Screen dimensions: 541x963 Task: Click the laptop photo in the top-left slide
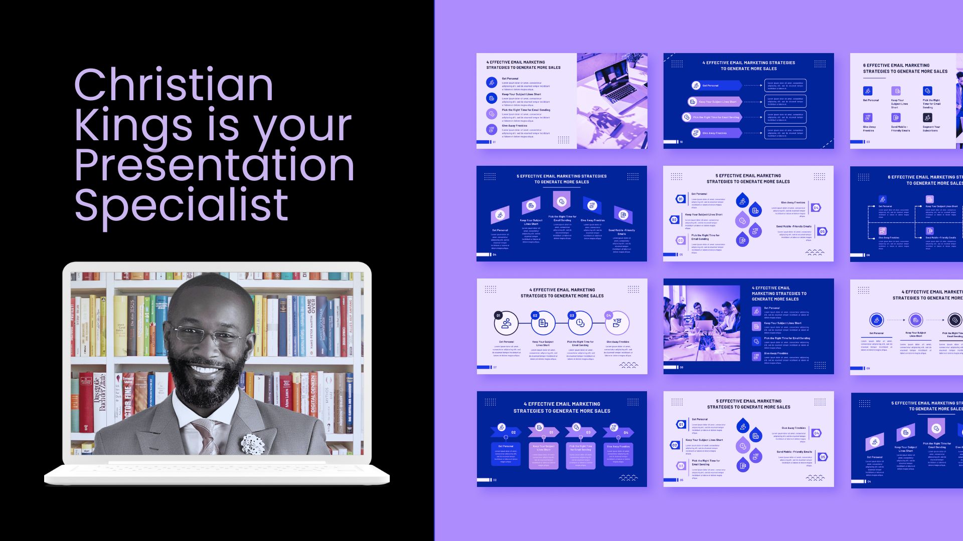[612, 100]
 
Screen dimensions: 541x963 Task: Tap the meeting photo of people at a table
[702, 323]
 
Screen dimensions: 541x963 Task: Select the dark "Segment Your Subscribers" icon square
[927, 117]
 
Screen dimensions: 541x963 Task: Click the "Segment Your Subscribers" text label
[931, 129]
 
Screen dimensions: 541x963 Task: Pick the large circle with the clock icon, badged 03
[580, 323]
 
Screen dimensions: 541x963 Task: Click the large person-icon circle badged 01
[506, 323]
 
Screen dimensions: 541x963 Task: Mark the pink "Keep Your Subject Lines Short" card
[543, 455]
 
